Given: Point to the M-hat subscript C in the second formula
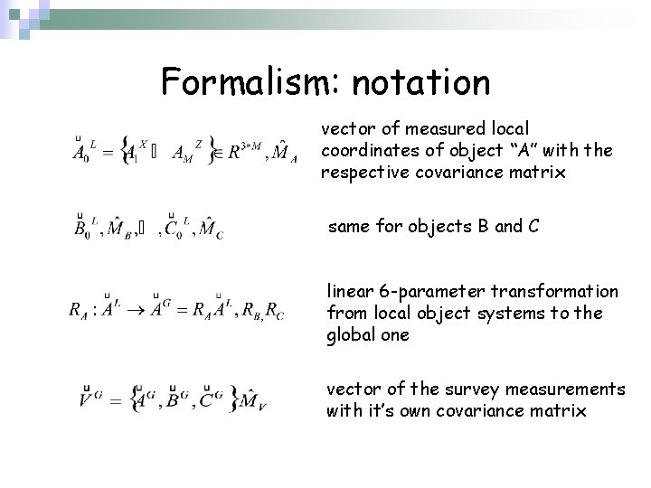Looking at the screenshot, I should coord(211,226).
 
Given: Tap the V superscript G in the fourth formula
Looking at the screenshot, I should coord(90,395).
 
